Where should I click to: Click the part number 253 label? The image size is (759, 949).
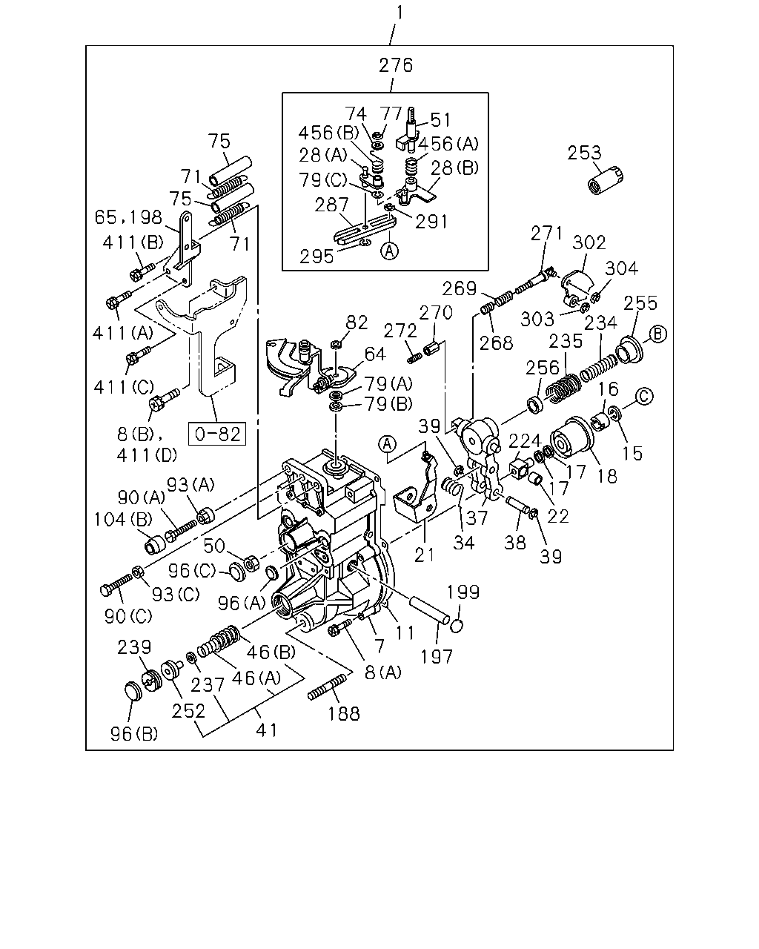click(x=584, y=153)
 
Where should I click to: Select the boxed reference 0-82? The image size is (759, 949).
click(x=217, y=434)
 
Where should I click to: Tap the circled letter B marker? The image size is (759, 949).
click(x=657, y=334)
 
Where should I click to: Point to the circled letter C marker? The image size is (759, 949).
click(x=644, y=397)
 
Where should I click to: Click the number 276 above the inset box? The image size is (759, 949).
click(x=396, y=65)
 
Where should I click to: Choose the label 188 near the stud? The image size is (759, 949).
click(x=344, y=713)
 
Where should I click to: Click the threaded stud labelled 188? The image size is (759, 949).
click(x=327, y=688)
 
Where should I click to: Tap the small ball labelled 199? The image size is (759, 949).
click(x=457, y=626)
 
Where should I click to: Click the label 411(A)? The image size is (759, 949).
click(x=123, y=334)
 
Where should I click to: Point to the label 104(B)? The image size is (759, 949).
click(x=123, y=520)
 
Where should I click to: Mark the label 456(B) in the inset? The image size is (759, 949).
click(x=328, y=133)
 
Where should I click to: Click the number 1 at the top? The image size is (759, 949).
click(x=399, y=13)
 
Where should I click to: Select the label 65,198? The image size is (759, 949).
click(x=128, y=217)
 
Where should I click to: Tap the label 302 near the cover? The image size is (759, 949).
click(x=589, y=242)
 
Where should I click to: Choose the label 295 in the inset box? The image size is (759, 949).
click(x=316, y=257)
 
